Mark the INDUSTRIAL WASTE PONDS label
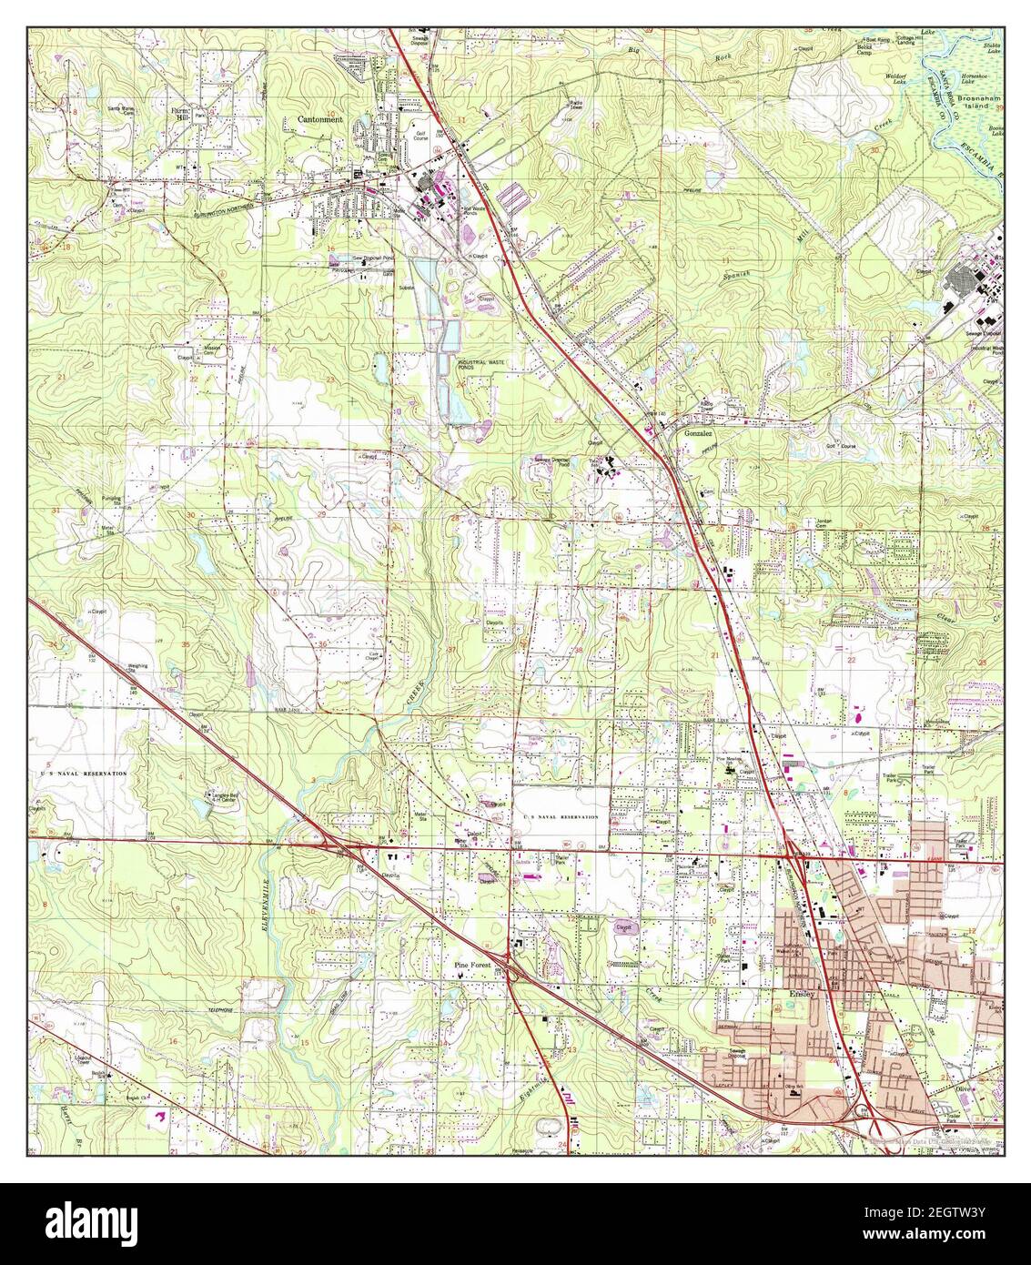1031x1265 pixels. [480, 362]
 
